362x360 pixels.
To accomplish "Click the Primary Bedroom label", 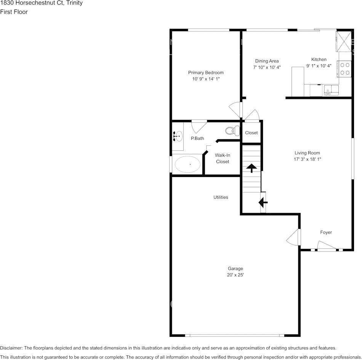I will [x=206, y=73].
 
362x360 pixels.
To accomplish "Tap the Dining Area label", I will [x=267, y=61].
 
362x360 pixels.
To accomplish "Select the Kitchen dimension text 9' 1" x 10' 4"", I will [x=319, y=66].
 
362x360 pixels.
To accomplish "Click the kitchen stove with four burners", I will [x=345, y=69].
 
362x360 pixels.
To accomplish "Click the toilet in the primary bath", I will [x=231, y=131].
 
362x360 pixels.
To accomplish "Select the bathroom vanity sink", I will [x=177, y=136].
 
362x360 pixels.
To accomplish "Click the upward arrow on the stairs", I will [x=251, y=167].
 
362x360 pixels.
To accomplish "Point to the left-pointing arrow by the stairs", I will [x=263, y=202].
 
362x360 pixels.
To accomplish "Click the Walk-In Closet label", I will [x=223, y=158].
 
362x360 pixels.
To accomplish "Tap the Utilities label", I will [x=221, y=197].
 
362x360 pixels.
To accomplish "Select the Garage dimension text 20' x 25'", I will [x=235, y=275].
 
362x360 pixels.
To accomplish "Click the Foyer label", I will [x=326, y=232].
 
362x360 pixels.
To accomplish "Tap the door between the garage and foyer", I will [x=294, y=237].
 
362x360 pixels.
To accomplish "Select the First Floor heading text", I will [x=14, y=12].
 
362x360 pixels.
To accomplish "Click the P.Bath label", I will [x=197, y=139].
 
